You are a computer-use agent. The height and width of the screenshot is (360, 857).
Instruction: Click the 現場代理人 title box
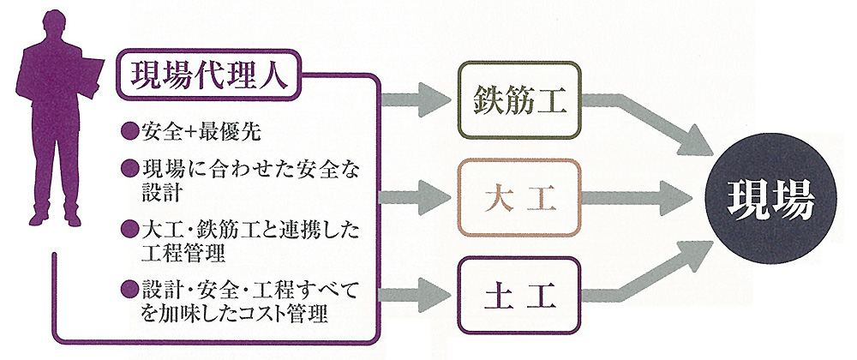(208, 75)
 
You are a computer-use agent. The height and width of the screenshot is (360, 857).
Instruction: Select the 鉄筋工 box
(518, 100)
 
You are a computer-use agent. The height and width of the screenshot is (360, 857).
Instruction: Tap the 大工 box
(518, 198)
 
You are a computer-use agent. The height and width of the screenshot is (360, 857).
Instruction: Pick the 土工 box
(518, 295)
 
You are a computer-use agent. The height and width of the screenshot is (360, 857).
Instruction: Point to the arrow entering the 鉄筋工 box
(416, 100)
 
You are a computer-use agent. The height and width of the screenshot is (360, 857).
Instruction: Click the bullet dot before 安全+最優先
(129, 132)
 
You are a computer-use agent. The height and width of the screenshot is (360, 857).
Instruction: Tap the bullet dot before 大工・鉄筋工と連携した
(129, 228)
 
